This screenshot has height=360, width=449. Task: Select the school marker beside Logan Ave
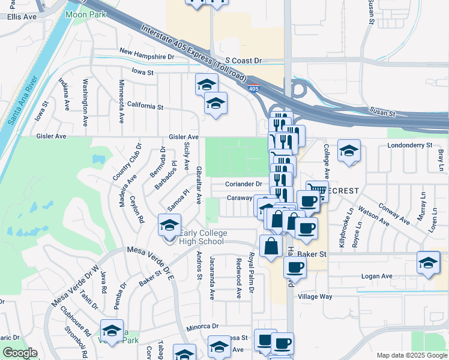(x=429, y=262)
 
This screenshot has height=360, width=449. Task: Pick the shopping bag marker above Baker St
(x=271, y=245)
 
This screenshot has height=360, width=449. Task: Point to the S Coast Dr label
(x=244, y=61)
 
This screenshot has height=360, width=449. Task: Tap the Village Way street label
(x=315, y=296)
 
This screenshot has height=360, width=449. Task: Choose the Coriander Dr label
(x=244, y=184)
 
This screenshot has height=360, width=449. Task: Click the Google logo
(x=20, y=353)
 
